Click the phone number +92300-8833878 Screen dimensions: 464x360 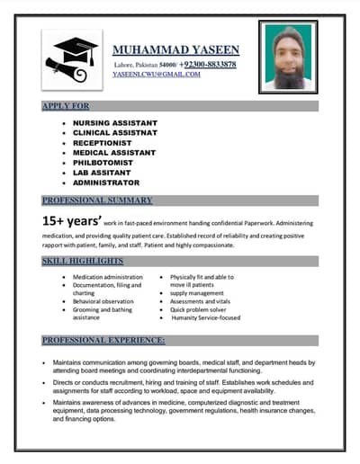coord(209,65)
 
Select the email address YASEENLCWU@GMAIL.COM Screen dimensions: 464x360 coord(157,75)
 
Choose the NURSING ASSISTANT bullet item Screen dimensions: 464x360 coord(114,122)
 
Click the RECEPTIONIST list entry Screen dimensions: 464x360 coord(103,142)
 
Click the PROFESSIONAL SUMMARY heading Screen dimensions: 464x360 coord(97,200)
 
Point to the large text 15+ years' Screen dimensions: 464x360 coord(71,221)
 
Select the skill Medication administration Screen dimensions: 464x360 coord(108,278)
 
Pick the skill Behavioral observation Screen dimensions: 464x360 coord(103,301)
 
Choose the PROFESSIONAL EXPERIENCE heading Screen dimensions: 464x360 coord(103,341)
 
